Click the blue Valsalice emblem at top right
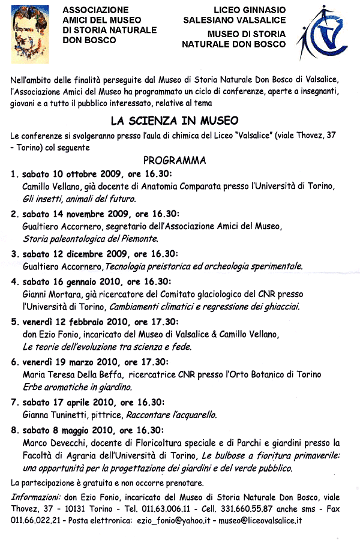coord(325,37)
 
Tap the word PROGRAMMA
coord(175,160)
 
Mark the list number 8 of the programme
coord(13,430)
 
